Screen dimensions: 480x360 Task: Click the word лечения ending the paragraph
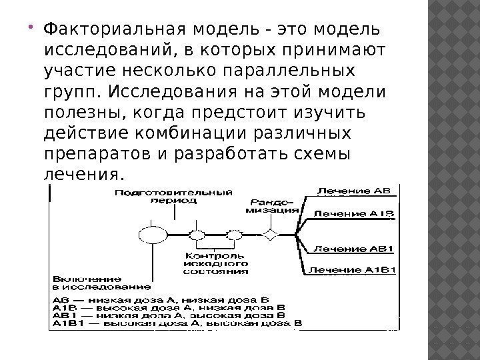(x=82, y=174)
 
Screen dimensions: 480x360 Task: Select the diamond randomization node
(x=270, y=235)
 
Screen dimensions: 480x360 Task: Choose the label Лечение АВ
(x=353, y=191)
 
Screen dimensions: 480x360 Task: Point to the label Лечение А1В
(x=354, y=214)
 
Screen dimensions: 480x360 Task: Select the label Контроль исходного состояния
(x=217, y=263)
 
